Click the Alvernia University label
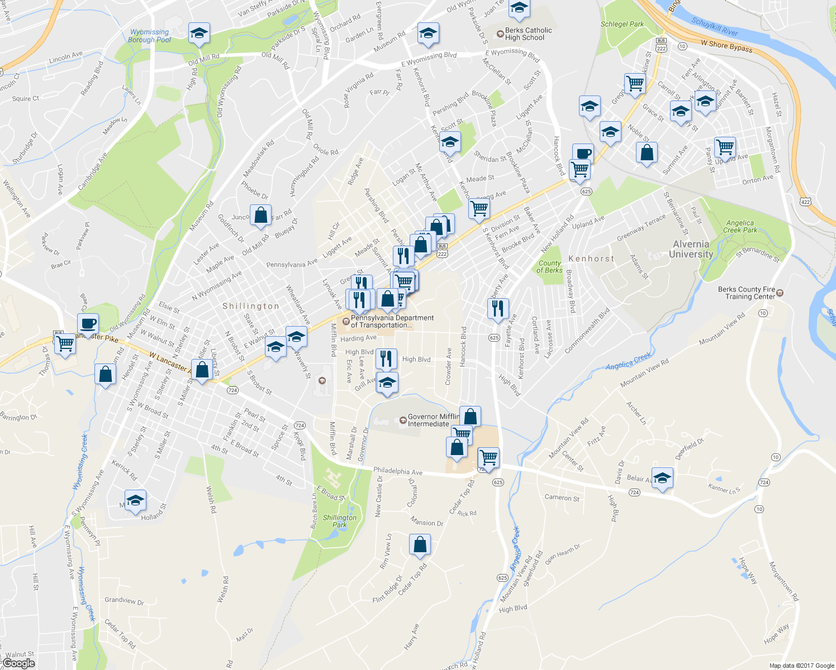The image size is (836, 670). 691,249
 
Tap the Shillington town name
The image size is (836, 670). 251,306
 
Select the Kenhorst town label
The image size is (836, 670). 591,259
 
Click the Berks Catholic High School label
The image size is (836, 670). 528,34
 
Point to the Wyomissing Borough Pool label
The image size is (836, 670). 149,36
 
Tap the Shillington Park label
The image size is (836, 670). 339,521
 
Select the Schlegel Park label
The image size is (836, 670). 622,24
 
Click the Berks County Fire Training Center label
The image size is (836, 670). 747,293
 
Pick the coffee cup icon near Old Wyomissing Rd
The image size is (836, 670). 88,323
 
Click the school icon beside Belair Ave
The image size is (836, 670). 662,478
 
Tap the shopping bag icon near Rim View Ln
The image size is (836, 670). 420,544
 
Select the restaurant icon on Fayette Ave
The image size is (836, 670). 497,308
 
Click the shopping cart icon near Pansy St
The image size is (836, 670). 725,147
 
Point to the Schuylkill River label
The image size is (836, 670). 715,27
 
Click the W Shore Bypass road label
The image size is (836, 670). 726,46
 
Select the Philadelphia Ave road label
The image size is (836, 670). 397,471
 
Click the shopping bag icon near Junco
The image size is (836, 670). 260,216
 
